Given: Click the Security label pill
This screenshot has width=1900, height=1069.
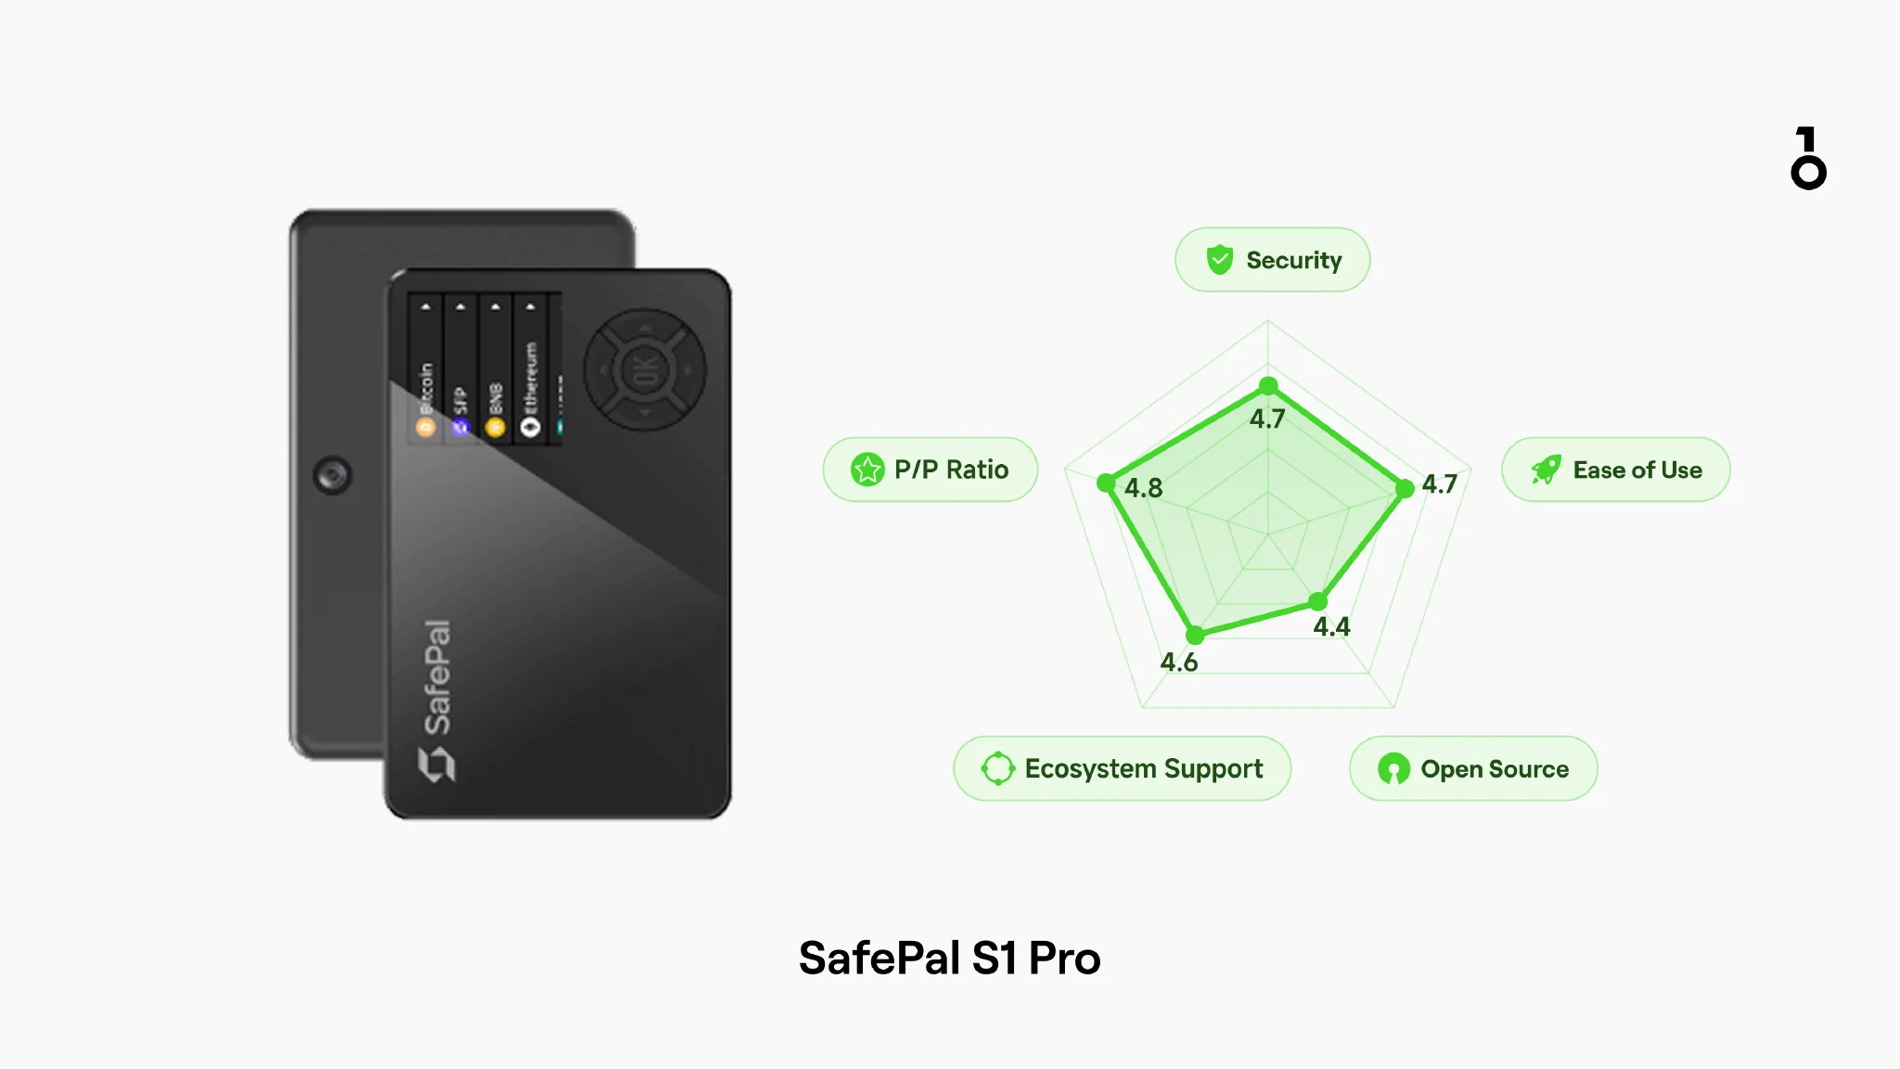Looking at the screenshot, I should (x=1272, y=260).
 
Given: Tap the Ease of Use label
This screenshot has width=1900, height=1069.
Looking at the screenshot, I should (x=1615, y=470).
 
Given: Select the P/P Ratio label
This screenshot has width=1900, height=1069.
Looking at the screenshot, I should (x=930, y=470).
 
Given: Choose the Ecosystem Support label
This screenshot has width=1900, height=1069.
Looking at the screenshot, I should (x=1122, y=768).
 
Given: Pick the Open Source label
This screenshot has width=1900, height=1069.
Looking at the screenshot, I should (x=1473, y=768).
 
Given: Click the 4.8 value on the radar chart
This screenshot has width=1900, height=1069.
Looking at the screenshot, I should (x=1143, y=488).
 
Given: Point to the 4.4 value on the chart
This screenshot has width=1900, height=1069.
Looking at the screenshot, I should (x=1331, y=627).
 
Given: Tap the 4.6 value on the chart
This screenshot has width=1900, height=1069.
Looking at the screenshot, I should (x=1178, y=663).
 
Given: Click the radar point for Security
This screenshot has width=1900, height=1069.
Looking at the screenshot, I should (x=1268, y=386).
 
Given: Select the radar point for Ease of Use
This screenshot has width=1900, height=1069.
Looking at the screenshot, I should (x=1405, y=488).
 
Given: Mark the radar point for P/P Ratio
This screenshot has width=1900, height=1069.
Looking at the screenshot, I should (x=1106, y=483).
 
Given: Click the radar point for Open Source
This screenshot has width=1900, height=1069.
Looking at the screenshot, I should (x=1317, y=602).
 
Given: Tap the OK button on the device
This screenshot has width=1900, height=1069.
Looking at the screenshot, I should (x=645, y=370).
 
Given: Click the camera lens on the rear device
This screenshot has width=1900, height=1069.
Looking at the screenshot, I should (x=332, y=475).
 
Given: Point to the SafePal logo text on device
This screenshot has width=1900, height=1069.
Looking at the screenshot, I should (x=437, y=677).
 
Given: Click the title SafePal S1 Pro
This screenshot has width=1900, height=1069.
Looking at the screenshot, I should (x=949, y=958).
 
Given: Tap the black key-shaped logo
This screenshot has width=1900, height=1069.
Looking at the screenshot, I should (x=1807, y=159).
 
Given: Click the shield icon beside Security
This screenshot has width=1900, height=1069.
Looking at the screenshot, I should (x=1219, y=260).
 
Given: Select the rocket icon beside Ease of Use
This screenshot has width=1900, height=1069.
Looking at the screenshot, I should (x=1546, y=470).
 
